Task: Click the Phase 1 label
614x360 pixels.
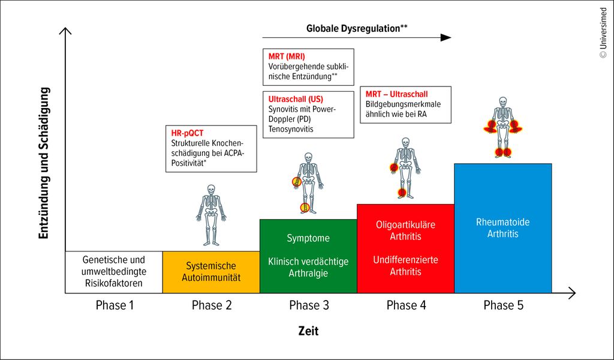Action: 115,305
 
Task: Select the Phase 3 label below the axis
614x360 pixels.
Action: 309,305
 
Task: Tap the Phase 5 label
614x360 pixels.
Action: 503,305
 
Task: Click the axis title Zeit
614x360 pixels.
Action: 309,331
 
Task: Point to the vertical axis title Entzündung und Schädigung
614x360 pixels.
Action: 44,163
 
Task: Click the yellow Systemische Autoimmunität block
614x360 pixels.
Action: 211,272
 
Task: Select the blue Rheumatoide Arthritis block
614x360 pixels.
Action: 503,228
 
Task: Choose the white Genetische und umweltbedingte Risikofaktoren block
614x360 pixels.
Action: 114,272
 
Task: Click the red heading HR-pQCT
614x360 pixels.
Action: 187,133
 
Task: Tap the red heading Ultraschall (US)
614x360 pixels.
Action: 296,99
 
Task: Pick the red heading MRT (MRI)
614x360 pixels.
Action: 287,56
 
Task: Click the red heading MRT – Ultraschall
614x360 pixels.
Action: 397,94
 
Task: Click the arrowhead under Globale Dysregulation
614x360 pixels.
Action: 446,38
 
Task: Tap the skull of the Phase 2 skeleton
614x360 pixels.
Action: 211,190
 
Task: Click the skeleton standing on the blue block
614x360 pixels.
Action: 503,127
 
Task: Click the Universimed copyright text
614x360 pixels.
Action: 603,33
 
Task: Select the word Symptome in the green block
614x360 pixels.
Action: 308,238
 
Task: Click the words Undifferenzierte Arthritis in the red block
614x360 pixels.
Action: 405,266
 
